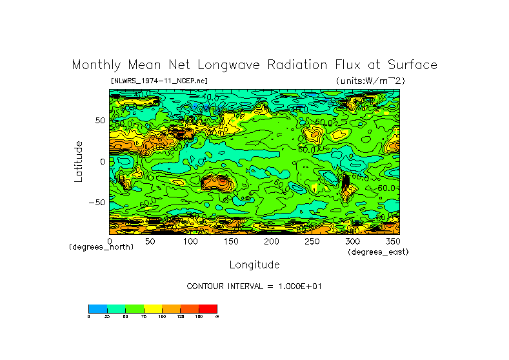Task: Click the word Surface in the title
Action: pos(413,65)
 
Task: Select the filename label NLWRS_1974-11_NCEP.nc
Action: pos(159,81)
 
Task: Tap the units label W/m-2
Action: pos(370,81)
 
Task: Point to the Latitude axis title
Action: pos(79,161)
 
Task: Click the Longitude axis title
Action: pos(254,265)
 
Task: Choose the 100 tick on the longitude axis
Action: pos(190,241)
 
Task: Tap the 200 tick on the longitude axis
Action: pos(272,241)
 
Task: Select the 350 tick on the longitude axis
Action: pos(392,241)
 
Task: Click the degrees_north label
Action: pos(101,247)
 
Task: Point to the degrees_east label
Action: pos(378,252)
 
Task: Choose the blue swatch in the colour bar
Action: pos(97,308)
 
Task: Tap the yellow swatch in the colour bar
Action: pos(153,308)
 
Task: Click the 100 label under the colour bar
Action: pos(162,316)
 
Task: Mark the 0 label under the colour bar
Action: pos(88,316)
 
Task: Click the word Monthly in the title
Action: pos(96,65)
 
